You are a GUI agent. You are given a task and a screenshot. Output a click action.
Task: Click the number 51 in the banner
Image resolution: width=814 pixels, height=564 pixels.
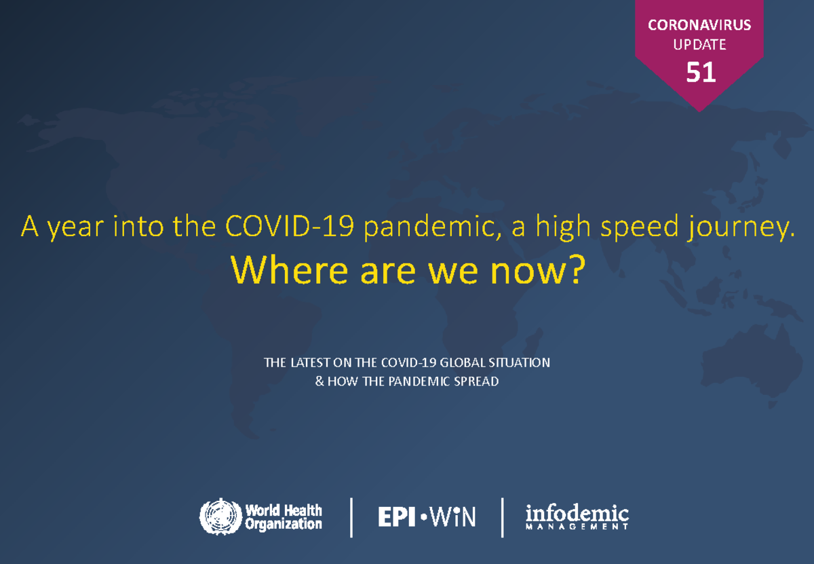pos(700,72)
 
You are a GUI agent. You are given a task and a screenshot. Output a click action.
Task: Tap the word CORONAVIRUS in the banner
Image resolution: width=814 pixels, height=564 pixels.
pos(699,26)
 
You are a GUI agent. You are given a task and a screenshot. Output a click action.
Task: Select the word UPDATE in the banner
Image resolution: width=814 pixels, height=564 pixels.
pos(699,45)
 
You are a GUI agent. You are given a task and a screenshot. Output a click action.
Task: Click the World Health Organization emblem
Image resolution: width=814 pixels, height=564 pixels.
pos(220,517)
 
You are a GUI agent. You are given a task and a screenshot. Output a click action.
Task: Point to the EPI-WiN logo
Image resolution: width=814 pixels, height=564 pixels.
pos(427,518)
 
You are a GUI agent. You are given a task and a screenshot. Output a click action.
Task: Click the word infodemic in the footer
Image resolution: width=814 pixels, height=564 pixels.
pos(577,514)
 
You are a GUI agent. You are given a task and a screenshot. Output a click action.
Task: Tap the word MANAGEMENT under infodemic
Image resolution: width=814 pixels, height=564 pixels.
pos(577,527)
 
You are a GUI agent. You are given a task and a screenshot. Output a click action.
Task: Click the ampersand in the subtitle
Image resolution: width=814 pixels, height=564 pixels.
pos(319,381)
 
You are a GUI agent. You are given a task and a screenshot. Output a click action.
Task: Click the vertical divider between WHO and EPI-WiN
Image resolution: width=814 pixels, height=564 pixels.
pos(351,517)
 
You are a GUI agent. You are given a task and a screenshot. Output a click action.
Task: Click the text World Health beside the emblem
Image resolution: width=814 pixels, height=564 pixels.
pos(284,510)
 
